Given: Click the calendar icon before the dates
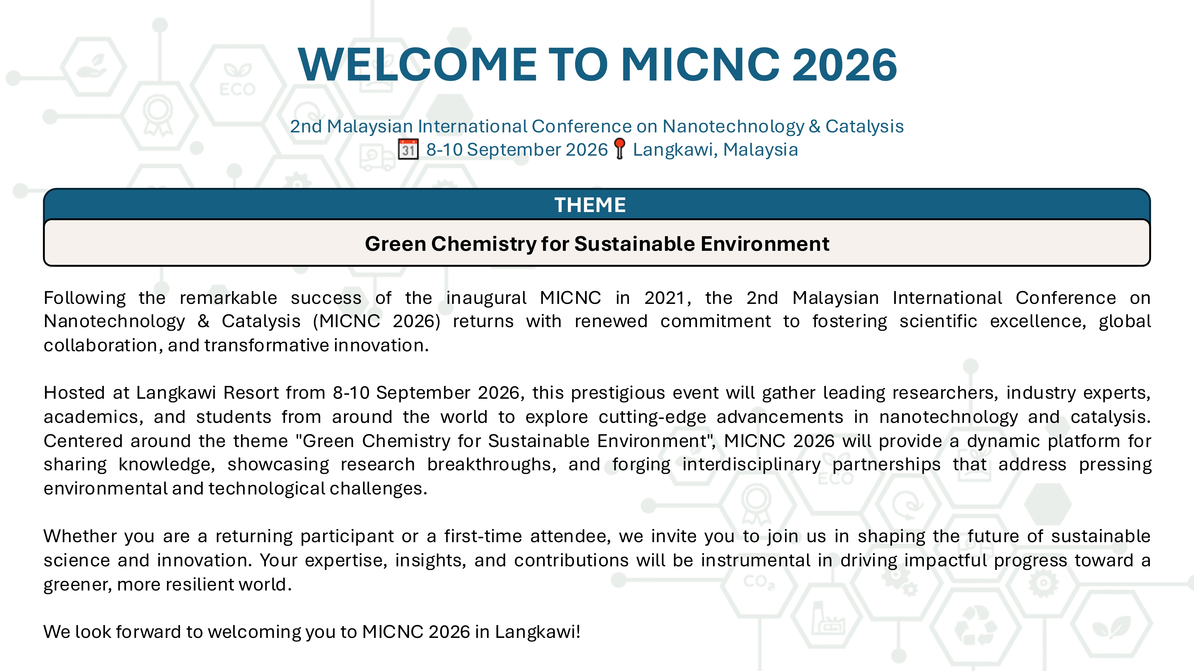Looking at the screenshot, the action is click(x=408, y=149).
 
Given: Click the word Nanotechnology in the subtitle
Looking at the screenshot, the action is click(x=734, y=126).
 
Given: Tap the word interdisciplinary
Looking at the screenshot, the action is click(x=751, y=464).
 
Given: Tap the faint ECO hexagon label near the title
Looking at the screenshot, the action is click(x=237, y=89).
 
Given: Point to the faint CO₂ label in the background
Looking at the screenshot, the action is click(x=759, y=582).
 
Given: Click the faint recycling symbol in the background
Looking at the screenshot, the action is click(x=976, y=625).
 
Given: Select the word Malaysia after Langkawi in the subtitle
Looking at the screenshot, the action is click(x=760, y=150).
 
